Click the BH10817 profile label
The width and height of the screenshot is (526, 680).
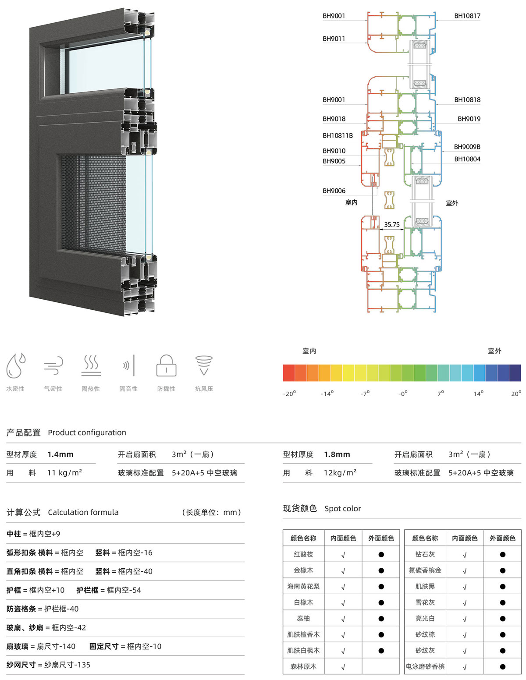[467, 16]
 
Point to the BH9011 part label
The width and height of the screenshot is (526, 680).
[334, 39]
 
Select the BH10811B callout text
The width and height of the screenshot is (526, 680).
[338, 135]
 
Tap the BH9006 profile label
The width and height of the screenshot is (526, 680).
[334, 191]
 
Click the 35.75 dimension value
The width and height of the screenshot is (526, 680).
[391, 225]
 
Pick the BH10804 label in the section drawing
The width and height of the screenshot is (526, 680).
[467, 159]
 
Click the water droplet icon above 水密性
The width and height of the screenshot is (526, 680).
[16, 365]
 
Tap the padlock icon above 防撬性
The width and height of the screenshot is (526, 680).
[166, 365]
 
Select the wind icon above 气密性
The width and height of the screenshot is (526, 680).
[53, 365]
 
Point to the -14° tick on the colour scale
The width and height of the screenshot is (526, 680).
[327, 393]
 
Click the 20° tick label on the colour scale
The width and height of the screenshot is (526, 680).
[516, 393]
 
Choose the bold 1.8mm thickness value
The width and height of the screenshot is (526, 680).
[337, 454]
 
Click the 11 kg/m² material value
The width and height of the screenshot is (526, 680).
[64, 472]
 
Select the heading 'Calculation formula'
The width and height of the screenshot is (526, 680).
[83, 512]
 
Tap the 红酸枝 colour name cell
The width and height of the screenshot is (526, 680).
[303, 554]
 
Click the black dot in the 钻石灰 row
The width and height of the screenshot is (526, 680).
[502, 555]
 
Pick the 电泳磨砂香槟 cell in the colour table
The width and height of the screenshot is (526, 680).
[425, 666]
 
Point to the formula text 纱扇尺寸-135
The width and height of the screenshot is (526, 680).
[67, 665]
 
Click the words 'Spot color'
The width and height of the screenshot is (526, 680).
[342, 509]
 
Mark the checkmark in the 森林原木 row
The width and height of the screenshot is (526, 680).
[343, 667]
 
